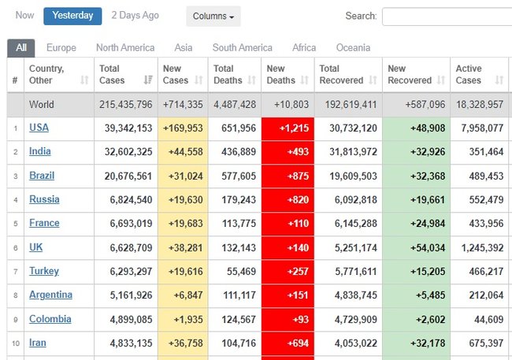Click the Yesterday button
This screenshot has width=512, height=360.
pos(72,15)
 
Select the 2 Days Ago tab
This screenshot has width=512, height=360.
pos(135,15)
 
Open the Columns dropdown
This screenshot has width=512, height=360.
pos(213,16)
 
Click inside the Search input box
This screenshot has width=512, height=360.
pos(447,16)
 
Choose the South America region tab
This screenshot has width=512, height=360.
pos(243,47)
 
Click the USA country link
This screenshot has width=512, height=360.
pos(39,128)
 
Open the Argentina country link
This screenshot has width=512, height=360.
pos(50,295)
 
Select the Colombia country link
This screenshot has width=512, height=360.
pos(50,319)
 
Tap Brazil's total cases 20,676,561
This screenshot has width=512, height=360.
pos(125,176)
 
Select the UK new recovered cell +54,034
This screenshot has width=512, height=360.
pos(415,247)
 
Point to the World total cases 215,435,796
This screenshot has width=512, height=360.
pos(125,104)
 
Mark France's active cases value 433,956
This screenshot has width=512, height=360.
pos(479,224)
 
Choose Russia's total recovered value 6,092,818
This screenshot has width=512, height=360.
pos(348,200)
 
